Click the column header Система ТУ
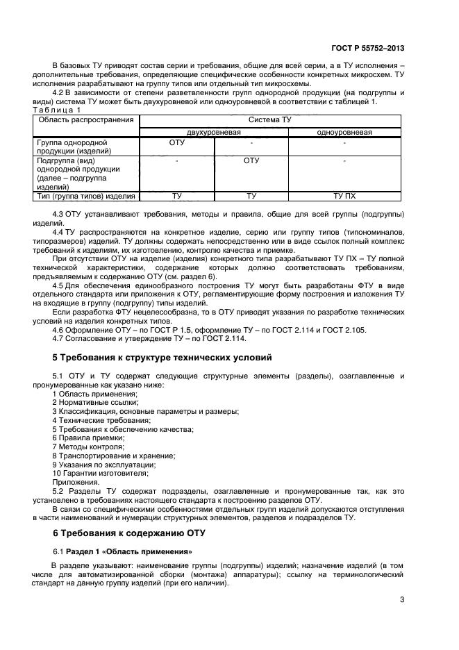(x=270, y=120)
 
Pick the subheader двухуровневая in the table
(x=213, y=132)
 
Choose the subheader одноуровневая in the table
(x=344, y=132)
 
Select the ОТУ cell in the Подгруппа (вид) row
(x=251, y=160)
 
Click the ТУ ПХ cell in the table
(x=344, y=197)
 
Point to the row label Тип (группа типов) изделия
(x=85, y=197)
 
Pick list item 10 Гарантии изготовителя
(x=100, y=473)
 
